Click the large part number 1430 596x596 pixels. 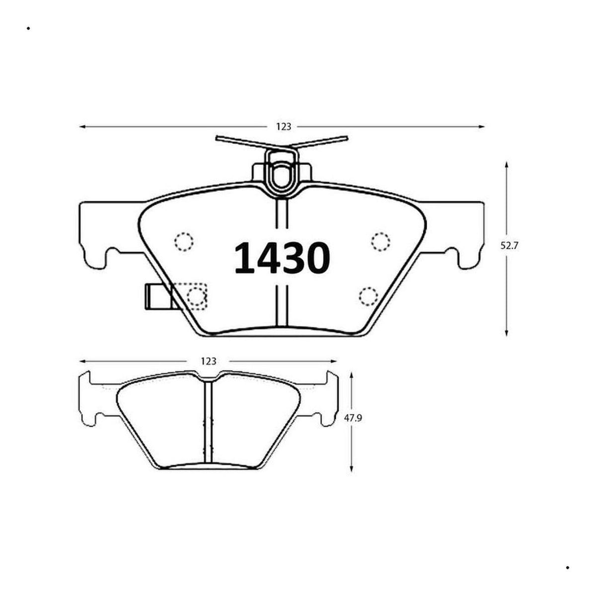click(282, 258)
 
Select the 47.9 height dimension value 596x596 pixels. click(353, 418)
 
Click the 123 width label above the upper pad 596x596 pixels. click(284, 127)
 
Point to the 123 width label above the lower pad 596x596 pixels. click(209, 361)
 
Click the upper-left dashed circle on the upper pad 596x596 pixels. click(184, 241)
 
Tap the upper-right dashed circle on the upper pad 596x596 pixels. click(380, 241)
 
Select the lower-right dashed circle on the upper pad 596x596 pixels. click(369, 297)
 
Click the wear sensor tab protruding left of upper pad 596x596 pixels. click(158, 297)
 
